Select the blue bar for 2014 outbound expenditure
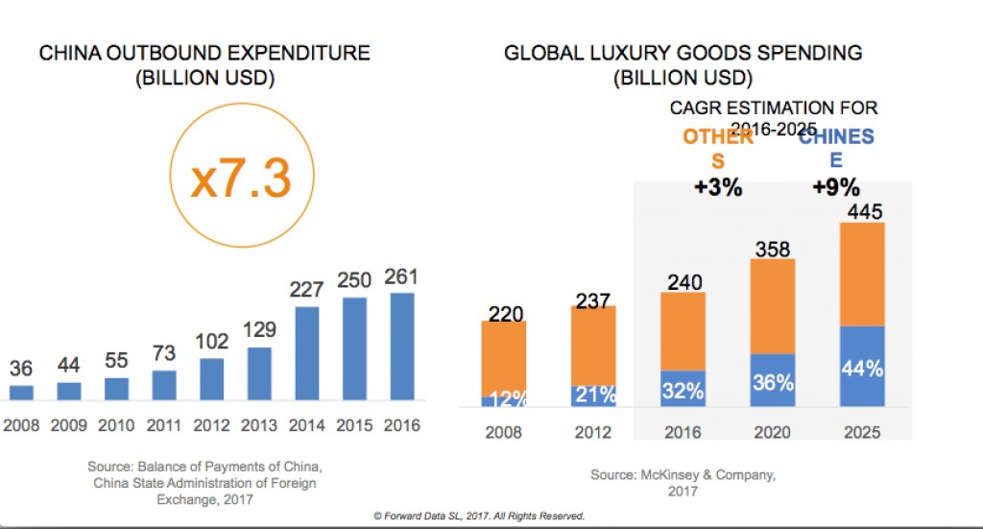click(x=307, y=352)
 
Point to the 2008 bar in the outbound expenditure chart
click(x=21, y=392)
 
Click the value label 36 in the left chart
click(x=21, y=368)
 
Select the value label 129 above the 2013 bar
click(x=259, y=329)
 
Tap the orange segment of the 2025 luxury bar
click(x=861, y=275)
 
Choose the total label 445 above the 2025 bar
click(x=861, y=210)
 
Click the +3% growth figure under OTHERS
click(x=718, y=187)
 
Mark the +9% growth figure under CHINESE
click(x=836, y=187)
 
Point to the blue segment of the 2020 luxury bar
click(x=772, y=380)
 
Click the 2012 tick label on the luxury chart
click(x=593, y=432)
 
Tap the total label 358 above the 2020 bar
click(x=772, y=250)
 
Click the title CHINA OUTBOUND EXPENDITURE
click(x=204, y=54)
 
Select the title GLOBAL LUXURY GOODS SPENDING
click(x=683, y=53)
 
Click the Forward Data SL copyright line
click(x=479, y=516)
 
